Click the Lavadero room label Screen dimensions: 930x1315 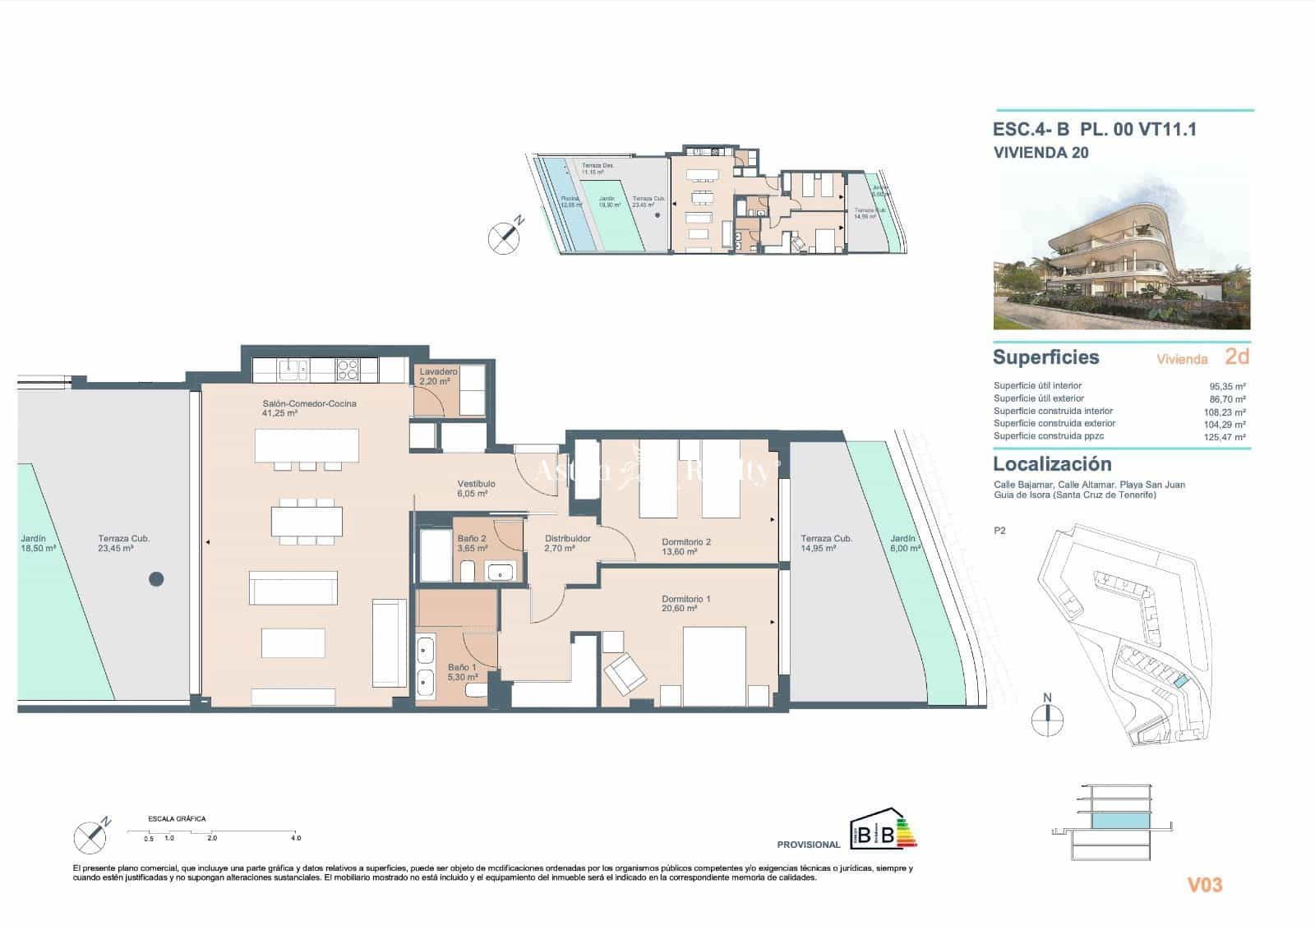pos(438,376)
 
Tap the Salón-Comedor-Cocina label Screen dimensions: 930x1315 pos(309,408)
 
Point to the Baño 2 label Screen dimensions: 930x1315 pos(472,543)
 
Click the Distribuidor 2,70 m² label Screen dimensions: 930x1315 pos(567,543)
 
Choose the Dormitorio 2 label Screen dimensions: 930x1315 pos(686,546)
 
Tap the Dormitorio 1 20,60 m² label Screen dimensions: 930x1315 pos(686,604)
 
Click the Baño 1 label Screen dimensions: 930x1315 pos(462,673)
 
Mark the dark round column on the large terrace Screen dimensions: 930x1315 pos(156,579)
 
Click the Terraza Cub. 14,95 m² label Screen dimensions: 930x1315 pos(826,543)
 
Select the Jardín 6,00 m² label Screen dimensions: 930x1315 pos(905,543)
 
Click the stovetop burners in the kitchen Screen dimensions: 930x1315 pos(347,371)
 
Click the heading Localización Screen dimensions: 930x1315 pos(1052,463)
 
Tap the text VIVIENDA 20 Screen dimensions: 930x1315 pos(1040,152)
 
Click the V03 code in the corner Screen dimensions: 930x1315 pos(1205,885)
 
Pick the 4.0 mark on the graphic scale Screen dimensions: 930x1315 pos(296,838)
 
